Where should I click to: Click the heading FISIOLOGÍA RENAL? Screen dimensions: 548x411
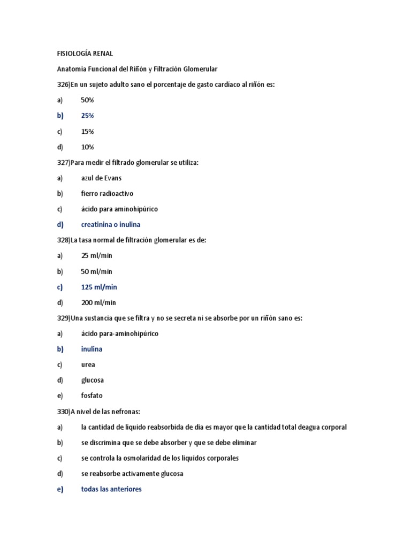point(85,54)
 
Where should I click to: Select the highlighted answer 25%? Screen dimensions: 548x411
point(87,116)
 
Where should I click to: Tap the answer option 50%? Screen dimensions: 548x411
point(87,100)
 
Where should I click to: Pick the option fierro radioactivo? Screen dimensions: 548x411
point(108,194)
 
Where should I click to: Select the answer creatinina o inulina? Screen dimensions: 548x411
point(111,225)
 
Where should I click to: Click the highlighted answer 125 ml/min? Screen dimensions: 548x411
point(99,287)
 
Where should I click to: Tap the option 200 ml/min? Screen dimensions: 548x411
point(98,303)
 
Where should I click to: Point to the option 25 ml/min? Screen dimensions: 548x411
point(97,256)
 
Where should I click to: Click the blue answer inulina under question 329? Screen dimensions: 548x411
point(92,349)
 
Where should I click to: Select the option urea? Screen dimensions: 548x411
point(88,365)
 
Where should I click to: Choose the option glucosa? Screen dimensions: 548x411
point(93,380)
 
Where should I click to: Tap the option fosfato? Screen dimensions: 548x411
point(92,396)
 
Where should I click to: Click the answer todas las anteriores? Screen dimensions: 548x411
point(111,489)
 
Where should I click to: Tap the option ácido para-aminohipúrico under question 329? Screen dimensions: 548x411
point(120,334)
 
